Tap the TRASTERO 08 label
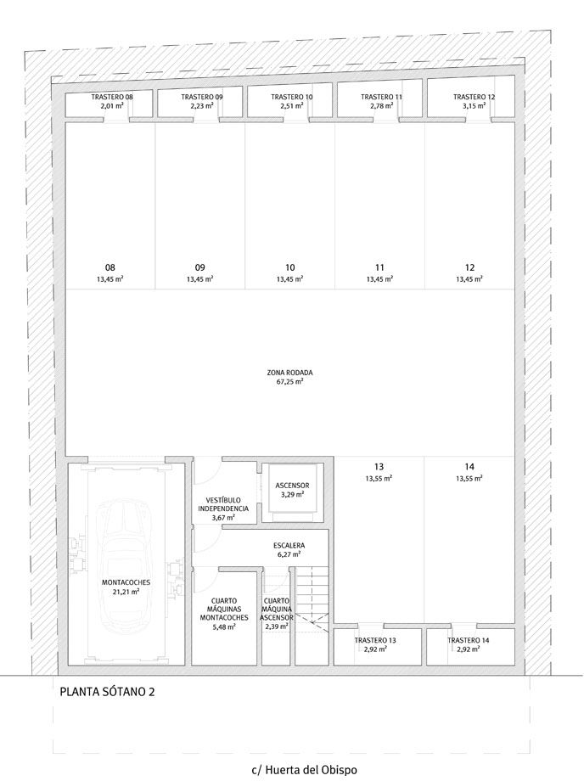tap(112, 97)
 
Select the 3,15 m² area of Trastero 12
tap(474, 105)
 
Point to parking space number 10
tap(290, 267)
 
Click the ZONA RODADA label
tap(289, 373)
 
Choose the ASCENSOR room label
tap(292, 485)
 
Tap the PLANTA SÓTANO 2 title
tap(107, 692)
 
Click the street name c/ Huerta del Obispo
tap(304, 770)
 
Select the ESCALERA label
tap(289, 545)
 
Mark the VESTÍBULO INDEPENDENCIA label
tap(223, 504)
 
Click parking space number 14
tap(469, 467)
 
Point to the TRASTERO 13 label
tap(375, 641)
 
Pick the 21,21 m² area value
tap(126, 591)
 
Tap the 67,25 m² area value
tap(290, 381)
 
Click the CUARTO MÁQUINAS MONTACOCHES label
tap(224, 610)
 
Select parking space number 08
tap(110, 267)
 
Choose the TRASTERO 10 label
tap(292, 97)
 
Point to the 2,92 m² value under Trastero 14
tap(468, 649)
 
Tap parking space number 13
tap(379, 467)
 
